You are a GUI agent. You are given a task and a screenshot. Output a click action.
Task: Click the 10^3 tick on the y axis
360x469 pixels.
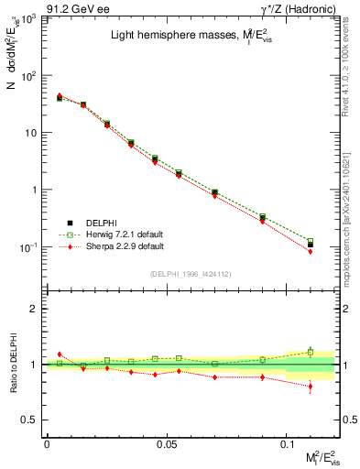(x=30, y=18)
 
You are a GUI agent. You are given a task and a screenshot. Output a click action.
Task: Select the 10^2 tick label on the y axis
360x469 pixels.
(x=30, y=76)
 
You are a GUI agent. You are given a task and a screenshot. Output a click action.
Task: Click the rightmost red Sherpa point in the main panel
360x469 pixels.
(x=311, y=251)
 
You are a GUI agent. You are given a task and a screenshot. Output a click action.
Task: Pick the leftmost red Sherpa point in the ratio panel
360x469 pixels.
(x=60, y=354)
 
